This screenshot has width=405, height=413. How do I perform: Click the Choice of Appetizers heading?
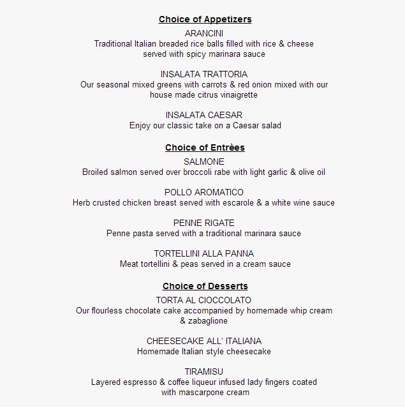click(x=205, y=19)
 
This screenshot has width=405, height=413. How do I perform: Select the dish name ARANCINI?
click(x=204, y=33)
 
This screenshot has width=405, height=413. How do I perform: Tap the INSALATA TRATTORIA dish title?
click(x=204, y=74)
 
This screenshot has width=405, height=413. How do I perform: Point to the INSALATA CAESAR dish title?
click(x=204, y=115)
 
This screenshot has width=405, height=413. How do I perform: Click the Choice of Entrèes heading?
click(x=205, y=147)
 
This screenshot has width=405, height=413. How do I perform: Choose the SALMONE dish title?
click(x=204, y=161)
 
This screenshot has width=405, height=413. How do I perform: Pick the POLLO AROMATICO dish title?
click(x=204, y=192)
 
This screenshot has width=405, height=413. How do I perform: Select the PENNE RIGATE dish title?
click(x=204, y=223)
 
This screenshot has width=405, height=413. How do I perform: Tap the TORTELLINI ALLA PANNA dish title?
click(x=204, y=253)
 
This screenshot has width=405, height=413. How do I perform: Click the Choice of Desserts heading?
click(x=205, y=286)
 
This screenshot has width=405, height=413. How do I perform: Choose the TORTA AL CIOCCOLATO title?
click(x=204, y=300)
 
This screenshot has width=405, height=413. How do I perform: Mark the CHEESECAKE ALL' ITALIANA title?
click(x=204, y=341)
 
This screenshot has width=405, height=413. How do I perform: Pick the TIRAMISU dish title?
click(x=204, y=372)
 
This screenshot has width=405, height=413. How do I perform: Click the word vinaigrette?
click(x=236, y=95)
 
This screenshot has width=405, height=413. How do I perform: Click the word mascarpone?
click(x=202, y=393)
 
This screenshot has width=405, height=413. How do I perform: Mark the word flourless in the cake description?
click(x=110, y=311)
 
